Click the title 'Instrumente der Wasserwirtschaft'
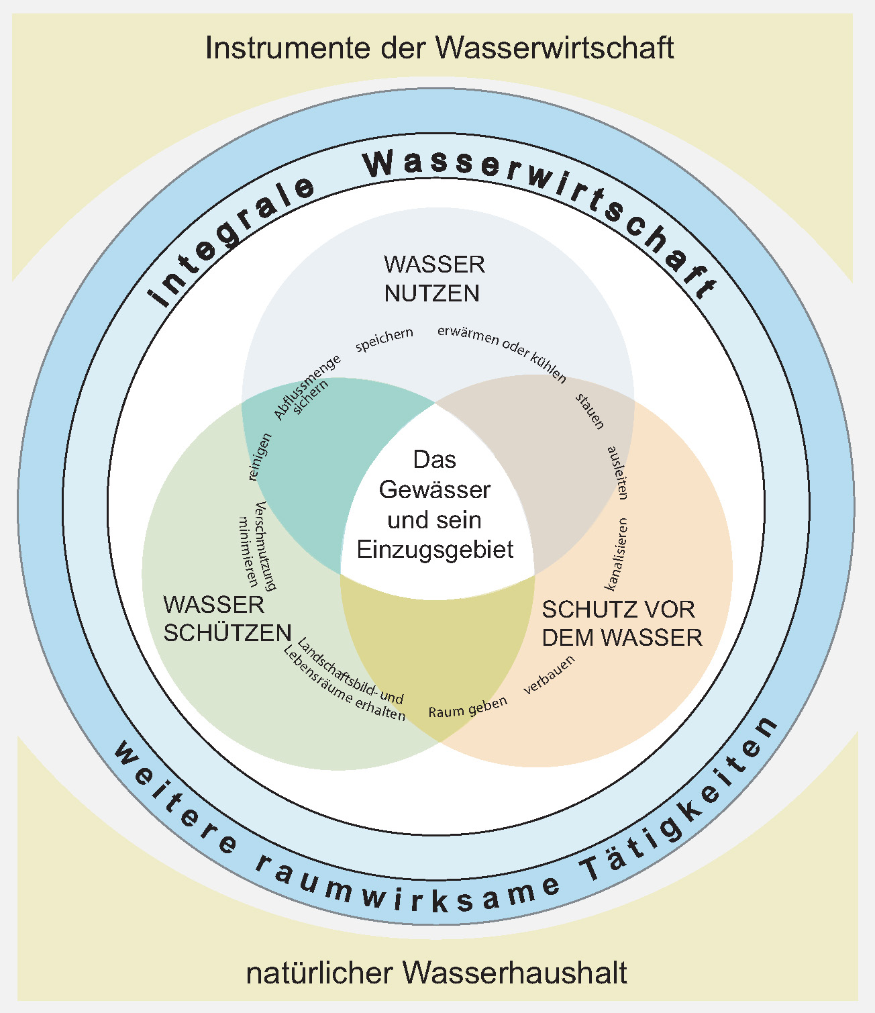(x=439, y=48)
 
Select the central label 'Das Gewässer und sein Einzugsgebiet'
(x=435, y=505)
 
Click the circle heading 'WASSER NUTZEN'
(x=434, y=279)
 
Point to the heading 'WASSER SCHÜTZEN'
(x=227, y=619)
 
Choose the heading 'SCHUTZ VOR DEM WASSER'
(x=622, y=624)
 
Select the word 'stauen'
(x=589, y=411)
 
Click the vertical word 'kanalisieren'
(x=617, y=554)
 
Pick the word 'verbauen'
(x=549, y=675)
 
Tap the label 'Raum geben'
(x=468, y=707)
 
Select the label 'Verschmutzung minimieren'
(x=258, y=545)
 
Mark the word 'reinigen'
(x=260, y=456)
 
